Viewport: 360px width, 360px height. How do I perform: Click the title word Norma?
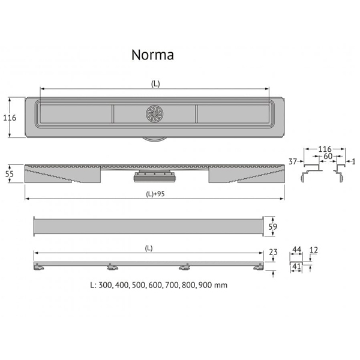pos(152,55)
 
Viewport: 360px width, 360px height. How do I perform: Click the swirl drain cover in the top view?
pos(155,113)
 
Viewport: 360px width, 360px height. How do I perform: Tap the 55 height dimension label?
pos(10,174)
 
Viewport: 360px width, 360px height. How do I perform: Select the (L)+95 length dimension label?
pos(155,194)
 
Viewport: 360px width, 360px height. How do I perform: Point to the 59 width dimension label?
pos(273,227)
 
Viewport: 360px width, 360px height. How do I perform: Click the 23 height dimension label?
pos(273,252)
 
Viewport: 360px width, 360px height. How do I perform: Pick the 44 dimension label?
pos(296,250)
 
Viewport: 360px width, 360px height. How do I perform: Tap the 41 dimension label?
pos(296,266)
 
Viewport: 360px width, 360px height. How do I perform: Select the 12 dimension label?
pos(313,250)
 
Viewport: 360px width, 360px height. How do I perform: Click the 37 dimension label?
pos(293,161)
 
